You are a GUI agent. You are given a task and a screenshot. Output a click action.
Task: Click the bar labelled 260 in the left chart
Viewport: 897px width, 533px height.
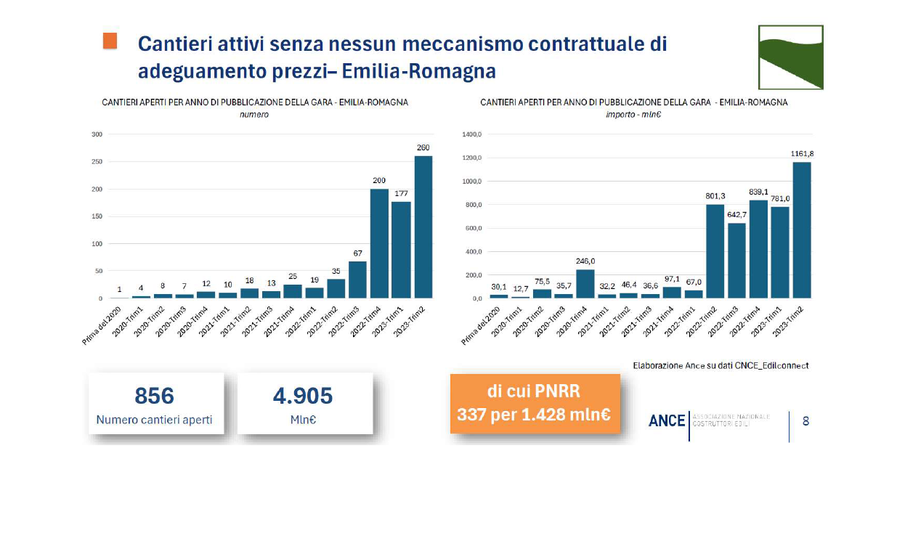pos(423,227)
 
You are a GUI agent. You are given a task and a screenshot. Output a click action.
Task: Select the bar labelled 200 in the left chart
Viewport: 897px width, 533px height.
pos(379,244)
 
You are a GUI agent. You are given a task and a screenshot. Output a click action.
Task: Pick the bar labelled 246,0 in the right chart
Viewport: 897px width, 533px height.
pos(585,284)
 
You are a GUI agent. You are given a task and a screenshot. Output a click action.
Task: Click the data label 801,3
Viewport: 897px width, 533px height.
pos(716,195)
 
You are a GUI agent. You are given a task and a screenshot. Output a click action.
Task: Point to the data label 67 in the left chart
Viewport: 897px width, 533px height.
pos(357,252)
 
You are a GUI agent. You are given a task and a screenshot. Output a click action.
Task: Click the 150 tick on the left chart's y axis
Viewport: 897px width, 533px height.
pos(97,216)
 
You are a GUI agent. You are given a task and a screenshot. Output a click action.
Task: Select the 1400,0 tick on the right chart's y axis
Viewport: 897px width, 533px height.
pos(472,135)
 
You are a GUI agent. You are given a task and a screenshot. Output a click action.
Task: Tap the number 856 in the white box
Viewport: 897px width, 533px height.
pos(155,396)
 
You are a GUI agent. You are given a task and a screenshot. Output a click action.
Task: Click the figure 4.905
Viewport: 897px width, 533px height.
pos(303,396)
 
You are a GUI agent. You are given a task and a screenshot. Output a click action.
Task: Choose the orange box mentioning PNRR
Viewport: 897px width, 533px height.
pos(535,403)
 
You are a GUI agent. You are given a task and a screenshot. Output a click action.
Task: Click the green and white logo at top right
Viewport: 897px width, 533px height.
pos(790,57)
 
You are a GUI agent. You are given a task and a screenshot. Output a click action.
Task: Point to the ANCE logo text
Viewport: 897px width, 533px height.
pos(667,420)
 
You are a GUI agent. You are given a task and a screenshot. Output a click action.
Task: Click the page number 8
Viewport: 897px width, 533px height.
pos(805,420)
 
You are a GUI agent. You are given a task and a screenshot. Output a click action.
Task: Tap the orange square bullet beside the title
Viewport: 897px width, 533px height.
pos(110,41)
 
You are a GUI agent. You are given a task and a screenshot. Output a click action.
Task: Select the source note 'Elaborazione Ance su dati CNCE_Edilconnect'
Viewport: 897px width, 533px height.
pos(721,365)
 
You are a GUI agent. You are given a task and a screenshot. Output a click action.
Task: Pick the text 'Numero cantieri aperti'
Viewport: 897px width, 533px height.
pos(155,420)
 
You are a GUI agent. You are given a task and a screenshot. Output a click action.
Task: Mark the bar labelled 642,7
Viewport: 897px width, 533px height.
pos(737,261)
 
